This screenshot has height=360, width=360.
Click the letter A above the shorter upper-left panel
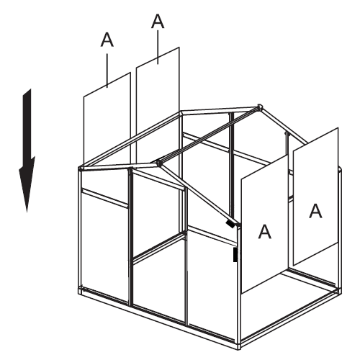[107, 40]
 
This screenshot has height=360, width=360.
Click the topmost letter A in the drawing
[158, 21]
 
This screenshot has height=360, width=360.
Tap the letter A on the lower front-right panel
[264, 231]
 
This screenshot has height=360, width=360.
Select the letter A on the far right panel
[315, 211]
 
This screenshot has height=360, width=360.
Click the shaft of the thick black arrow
[27, 125]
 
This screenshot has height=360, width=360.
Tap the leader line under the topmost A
[158, 48]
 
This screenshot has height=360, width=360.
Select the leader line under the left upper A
[107, 71]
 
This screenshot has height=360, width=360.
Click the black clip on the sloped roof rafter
[230, 224]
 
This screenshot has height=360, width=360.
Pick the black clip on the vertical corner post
[235, 254]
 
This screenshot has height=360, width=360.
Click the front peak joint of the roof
[158, 163]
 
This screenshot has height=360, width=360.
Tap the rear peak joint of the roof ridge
[259, 107]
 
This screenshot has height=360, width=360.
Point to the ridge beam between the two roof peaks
[209, 135]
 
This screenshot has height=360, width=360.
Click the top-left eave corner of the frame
[81, 168]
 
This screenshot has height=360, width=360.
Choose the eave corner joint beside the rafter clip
[238, 225]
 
